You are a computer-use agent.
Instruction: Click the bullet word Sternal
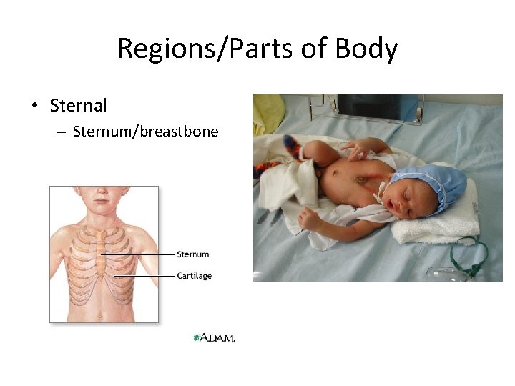[x=79, y=106]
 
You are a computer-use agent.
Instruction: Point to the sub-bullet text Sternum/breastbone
[x=145, y=132]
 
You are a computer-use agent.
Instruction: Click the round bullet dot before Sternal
[x=34, y=107]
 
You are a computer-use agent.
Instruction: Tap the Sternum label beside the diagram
[x=193, y=254]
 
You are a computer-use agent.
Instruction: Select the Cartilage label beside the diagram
[x=195, y=276]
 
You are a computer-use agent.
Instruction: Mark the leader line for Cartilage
[x=143, y=276]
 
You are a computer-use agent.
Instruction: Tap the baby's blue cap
[x=433, y=182]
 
